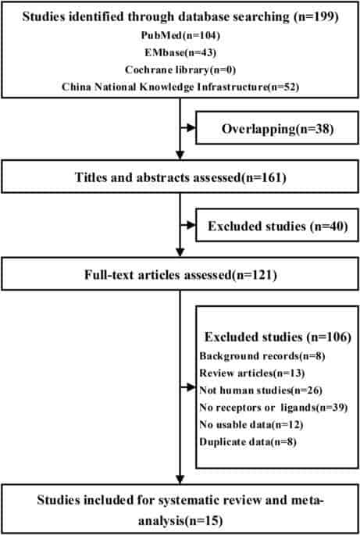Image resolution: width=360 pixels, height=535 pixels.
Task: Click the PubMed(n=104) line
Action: pos(180,35)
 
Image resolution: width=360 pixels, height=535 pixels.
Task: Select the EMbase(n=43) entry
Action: pos(180,52)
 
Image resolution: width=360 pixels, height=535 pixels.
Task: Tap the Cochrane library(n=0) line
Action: pos(180,70)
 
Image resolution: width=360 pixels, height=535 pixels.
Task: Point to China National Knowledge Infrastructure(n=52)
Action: pos(180,87)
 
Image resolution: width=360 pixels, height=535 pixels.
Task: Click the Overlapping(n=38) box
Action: pos(277,127)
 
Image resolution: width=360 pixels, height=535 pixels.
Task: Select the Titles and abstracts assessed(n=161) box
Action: pos(180,177)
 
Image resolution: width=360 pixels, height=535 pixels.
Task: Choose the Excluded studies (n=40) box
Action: pos(277,225)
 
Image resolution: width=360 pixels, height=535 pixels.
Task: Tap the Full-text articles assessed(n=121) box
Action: pos(180,274)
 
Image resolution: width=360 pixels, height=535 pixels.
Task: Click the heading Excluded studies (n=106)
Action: pos(277,337)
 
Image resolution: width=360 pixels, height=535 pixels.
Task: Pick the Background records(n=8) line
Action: pos(262,356)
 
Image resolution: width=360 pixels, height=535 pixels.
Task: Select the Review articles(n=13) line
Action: pos(251,373)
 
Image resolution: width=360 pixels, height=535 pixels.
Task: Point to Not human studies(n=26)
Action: pos(261,390)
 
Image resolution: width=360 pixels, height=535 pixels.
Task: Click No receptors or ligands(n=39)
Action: pos(273,408)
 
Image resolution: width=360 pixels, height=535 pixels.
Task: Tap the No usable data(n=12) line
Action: pos(251,424)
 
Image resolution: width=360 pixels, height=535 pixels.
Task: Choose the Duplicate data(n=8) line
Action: pos(248,442)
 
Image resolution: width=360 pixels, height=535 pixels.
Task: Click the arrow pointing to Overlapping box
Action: pos(187,127)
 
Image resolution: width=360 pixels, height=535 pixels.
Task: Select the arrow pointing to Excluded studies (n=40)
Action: pos(187,225)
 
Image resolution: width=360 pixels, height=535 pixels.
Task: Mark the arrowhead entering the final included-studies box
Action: pos(180,480)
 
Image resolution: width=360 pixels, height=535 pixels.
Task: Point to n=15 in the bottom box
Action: pos(203,521)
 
